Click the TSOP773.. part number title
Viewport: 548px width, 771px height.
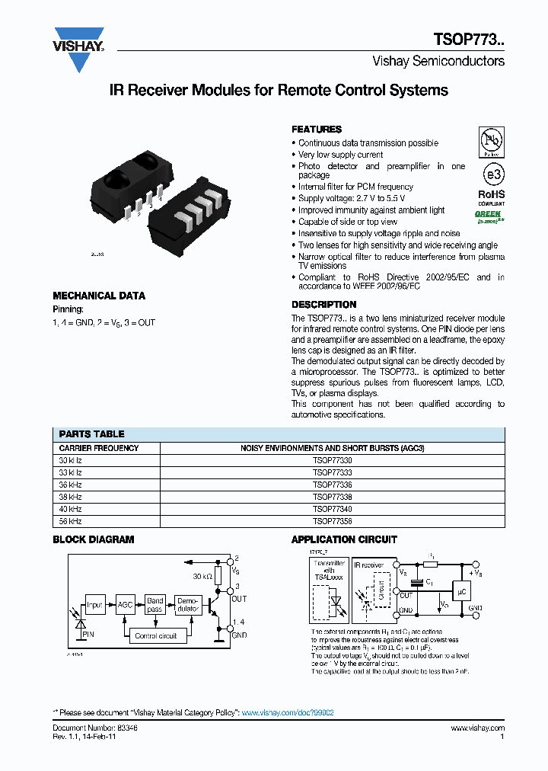click(469, 40)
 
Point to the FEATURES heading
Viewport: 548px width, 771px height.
click(317, 130)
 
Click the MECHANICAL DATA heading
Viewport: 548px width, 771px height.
click(99, 296)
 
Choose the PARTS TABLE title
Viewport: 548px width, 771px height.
click(91, 433)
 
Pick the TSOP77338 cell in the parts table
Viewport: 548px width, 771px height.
click(332, 497)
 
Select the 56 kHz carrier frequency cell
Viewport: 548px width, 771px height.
click(71, 521)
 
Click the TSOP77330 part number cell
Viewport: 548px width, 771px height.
click(332, 460)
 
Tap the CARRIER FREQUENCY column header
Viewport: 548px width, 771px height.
click(99, 448)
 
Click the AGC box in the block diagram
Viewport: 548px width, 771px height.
click(125, 606)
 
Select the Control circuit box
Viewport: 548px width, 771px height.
click(155, 635)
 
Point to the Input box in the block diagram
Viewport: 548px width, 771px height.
click(94, 606)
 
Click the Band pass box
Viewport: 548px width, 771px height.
click(155, 606)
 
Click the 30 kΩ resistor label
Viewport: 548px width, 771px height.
click(202, 576)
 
